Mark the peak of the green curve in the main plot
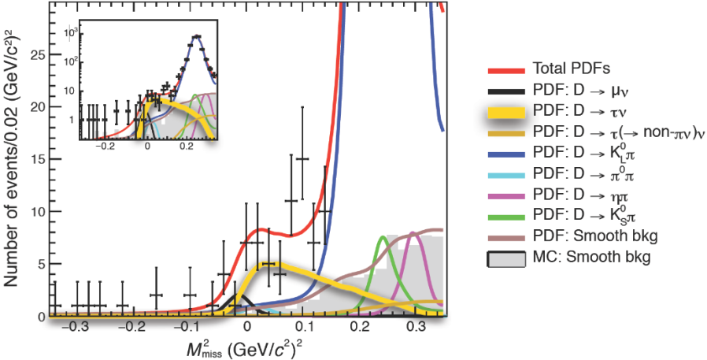coord(383,237)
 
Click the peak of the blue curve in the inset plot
coord(196,36)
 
